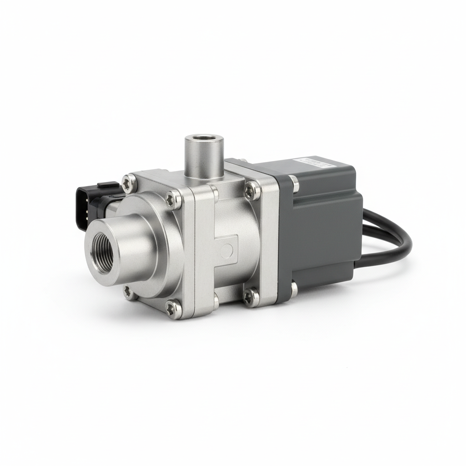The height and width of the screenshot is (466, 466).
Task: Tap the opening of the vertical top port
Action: click(x=204, y=139)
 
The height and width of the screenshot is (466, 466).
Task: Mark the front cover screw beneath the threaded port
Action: click(x=129, y=291)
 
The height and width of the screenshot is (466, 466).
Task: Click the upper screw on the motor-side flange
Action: click(x=251, y=189)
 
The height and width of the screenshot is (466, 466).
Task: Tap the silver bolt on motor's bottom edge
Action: click(x=294, y=288)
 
